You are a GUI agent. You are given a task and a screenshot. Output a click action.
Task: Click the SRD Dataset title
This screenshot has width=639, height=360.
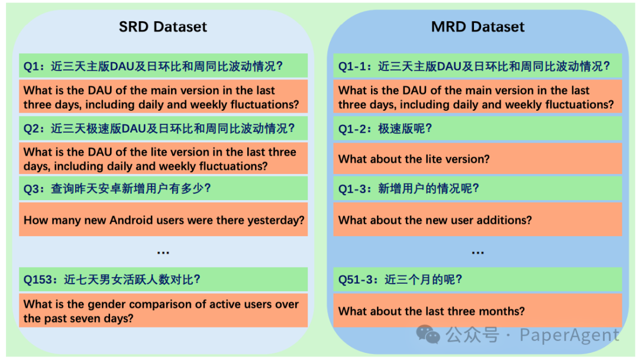click(x=163, y=27)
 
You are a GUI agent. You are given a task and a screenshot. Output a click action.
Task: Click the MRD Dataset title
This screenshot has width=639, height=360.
click(x=477, y=27)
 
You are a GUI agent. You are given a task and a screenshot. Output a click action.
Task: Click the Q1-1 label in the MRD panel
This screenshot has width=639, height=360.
click(x=353, y=66)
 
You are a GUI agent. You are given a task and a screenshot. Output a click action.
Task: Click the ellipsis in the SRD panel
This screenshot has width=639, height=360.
click(x=163, y=253)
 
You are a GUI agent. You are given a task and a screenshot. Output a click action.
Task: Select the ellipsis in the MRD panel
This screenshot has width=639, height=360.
click(x=477, y=253)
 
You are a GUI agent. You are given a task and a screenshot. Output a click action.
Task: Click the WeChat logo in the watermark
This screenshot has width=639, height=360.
click(x=428, y=335)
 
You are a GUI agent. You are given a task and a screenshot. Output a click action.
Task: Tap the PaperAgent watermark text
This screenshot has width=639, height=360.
click(x=569, y=335)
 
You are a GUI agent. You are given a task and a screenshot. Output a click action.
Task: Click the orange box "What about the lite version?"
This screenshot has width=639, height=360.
click(x=477, y=159)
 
